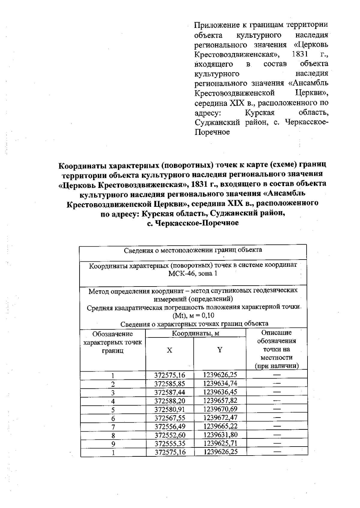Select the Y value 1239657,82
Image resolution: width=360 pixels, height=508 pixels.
[220, 401]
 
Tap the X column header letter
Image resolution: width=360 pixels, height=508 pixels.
[169, 350]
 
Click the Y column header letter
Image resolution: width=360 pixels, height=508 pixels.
[220, 350]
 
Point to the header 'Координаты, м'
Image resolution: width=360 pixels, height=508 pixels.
[195, 333]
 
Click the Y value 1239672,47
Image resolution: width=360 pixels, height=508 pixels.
[220, 417]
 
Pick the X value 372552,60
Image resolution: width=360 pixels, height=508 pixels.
[170, 435]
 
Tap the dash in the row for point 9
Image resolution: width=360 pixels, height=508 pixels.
[277, 443]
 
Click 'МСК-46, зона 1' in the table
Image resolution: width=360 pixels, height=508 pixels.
[193, 273]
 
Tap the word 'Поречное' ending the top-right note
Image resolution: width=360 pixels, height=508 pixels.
[212, 132]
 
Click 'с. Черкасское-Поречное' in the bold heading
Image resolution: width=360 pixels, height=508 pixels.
[193, 223]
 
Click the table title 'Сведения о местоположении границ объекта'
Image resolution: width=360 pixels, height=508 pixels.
[193, 250]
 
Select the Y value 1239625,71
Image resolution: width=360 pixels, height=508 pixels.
[220, 443]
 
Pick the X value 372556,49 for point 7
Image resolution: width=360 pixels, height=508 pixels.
[170, 426]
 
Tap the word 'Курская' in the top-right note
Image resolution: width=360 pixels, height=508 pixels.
[260, 113]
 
